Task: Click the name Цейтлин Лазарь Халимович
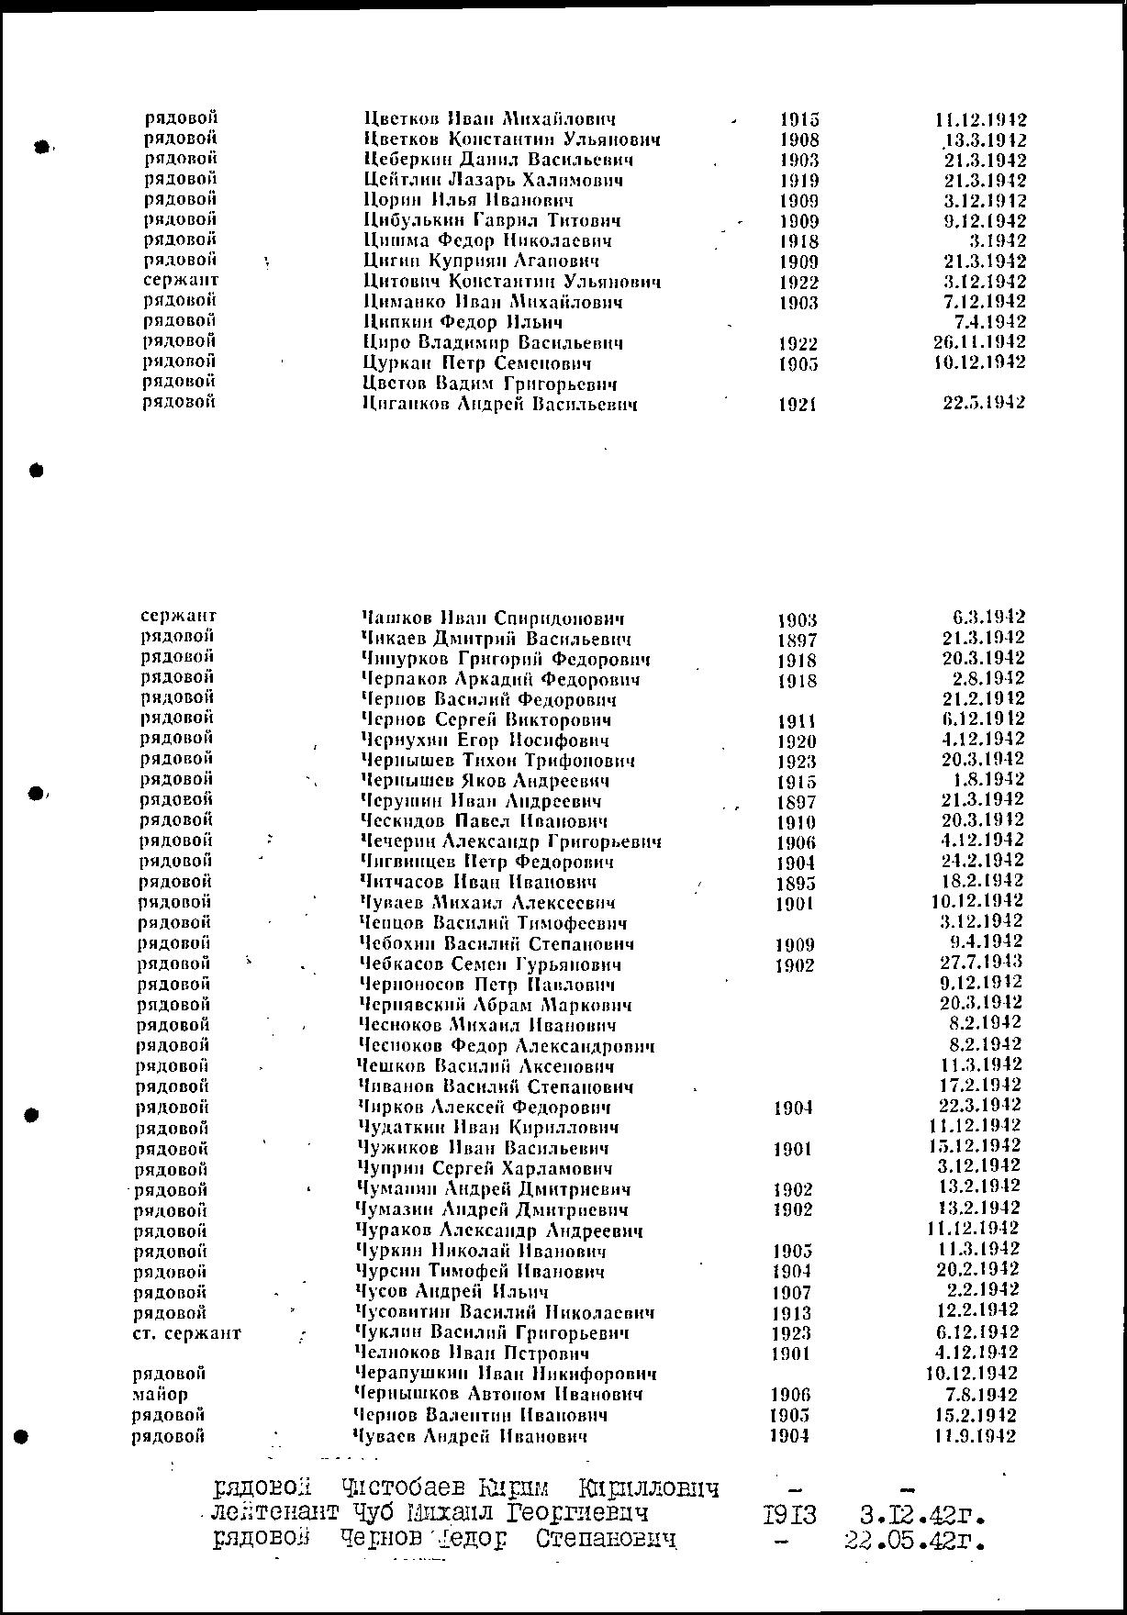pyautogui.click(x=494, y=181)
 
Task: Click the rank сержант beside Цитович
pyautogui.click(x=181, y=281)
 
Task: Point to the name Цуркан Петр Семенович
pyautogui.click(x=477, y=363)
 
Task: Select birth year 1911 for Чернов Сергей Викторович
pyautogui.click(x=796, y=721)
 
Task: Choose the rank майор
pyautogui.click(x=160, y=1395)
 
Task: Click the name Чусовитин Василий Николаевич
pyautogui.click(x=505, y=1313)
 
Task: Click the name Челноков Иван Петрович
pyautogui.click(x=472, y=1354)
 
